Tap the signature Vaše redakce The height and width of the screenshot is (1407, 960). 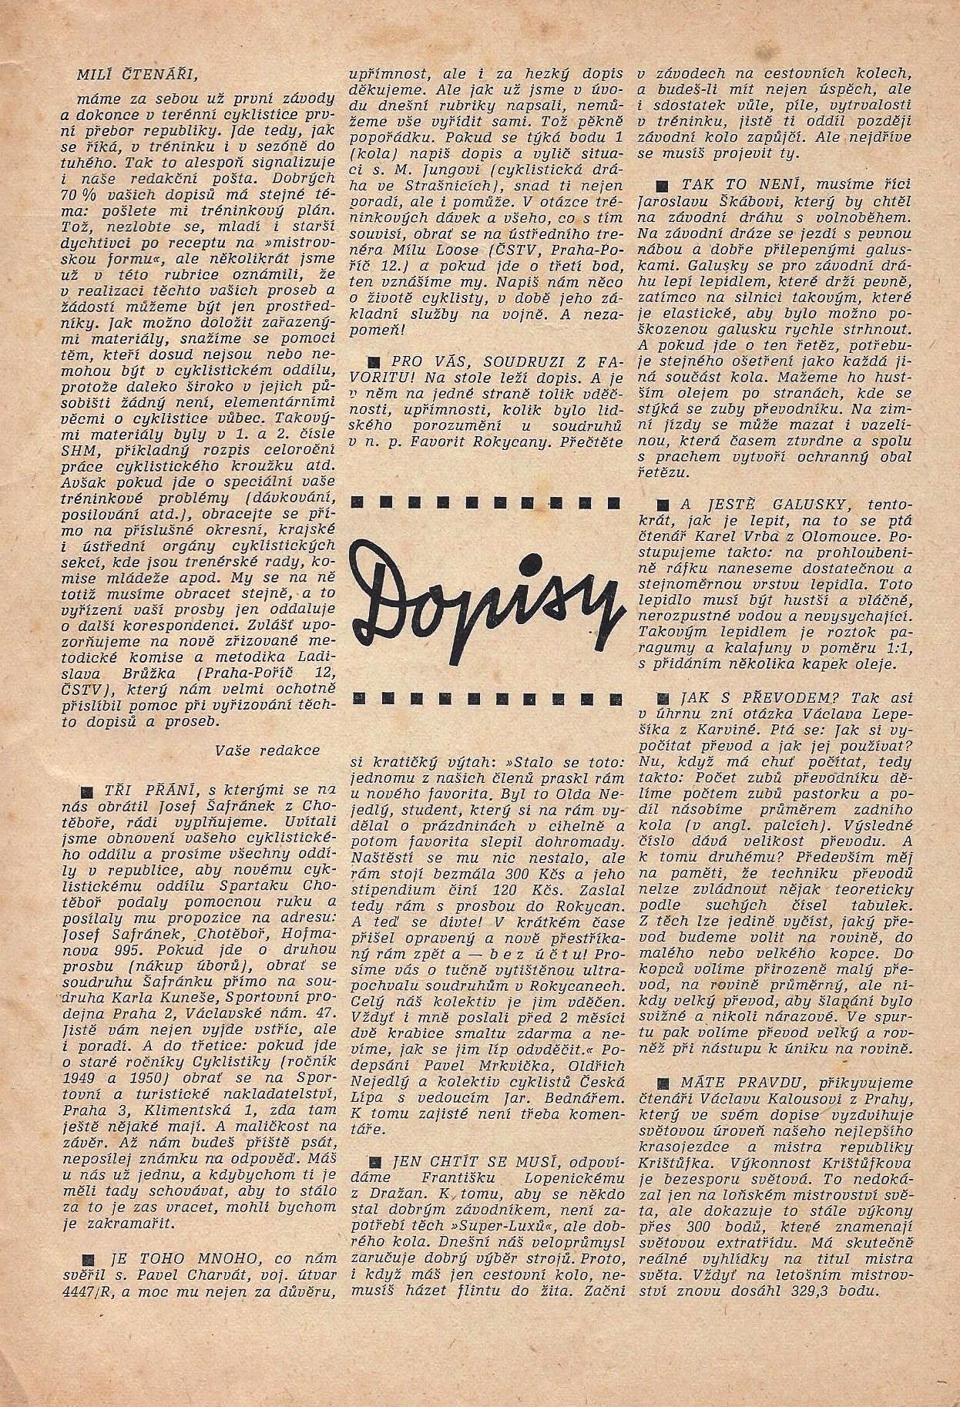tap(267, 749)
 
